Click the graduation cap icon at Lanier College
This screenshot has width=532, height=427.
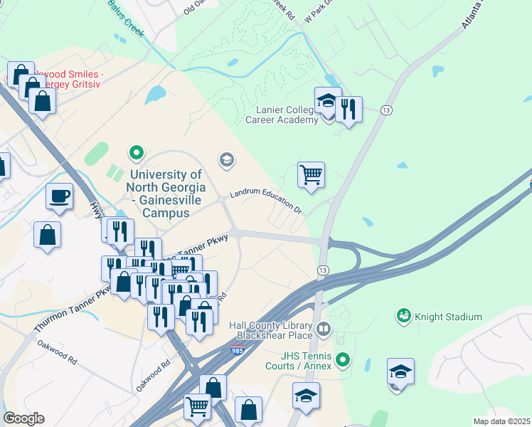point(328,102)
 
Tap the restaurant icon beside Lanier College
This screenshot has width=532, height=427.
point(348,110)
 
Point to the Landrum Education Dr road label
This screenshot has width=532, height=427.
point(266,200)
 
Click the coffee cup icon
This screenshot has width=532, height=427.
point(59,196)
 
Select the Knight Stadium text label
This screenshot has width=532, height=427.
point(449,317)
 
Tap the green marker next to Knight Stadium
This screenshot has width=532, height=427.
point(404,314)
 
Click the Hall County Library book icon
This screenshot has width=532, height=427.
point(324,329)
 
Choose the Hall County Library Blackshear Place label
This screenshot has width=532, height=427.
point(271,331)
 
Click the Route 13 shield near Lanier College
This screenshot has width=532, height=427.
point(386,110)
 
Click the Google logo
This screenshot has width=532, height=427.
point(23,418)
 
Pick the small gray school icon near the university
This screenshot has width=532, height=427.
point(226,159)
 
